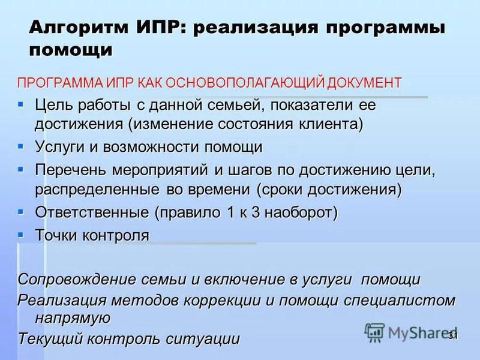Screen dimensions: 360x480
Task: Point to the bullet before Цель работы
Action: point(21,104)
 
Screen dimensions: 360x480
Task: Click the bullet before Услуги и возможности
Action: point(21,146)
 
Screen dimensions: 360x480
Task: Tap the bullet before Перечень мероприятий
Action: point(21,169)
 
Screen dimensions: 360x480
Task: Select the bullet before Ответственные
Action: point(21,211)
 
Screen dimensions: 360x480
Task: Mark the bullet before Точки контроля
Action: point(21,233)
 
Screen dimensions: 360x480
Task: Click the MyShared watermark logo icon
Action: point(375,331)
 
